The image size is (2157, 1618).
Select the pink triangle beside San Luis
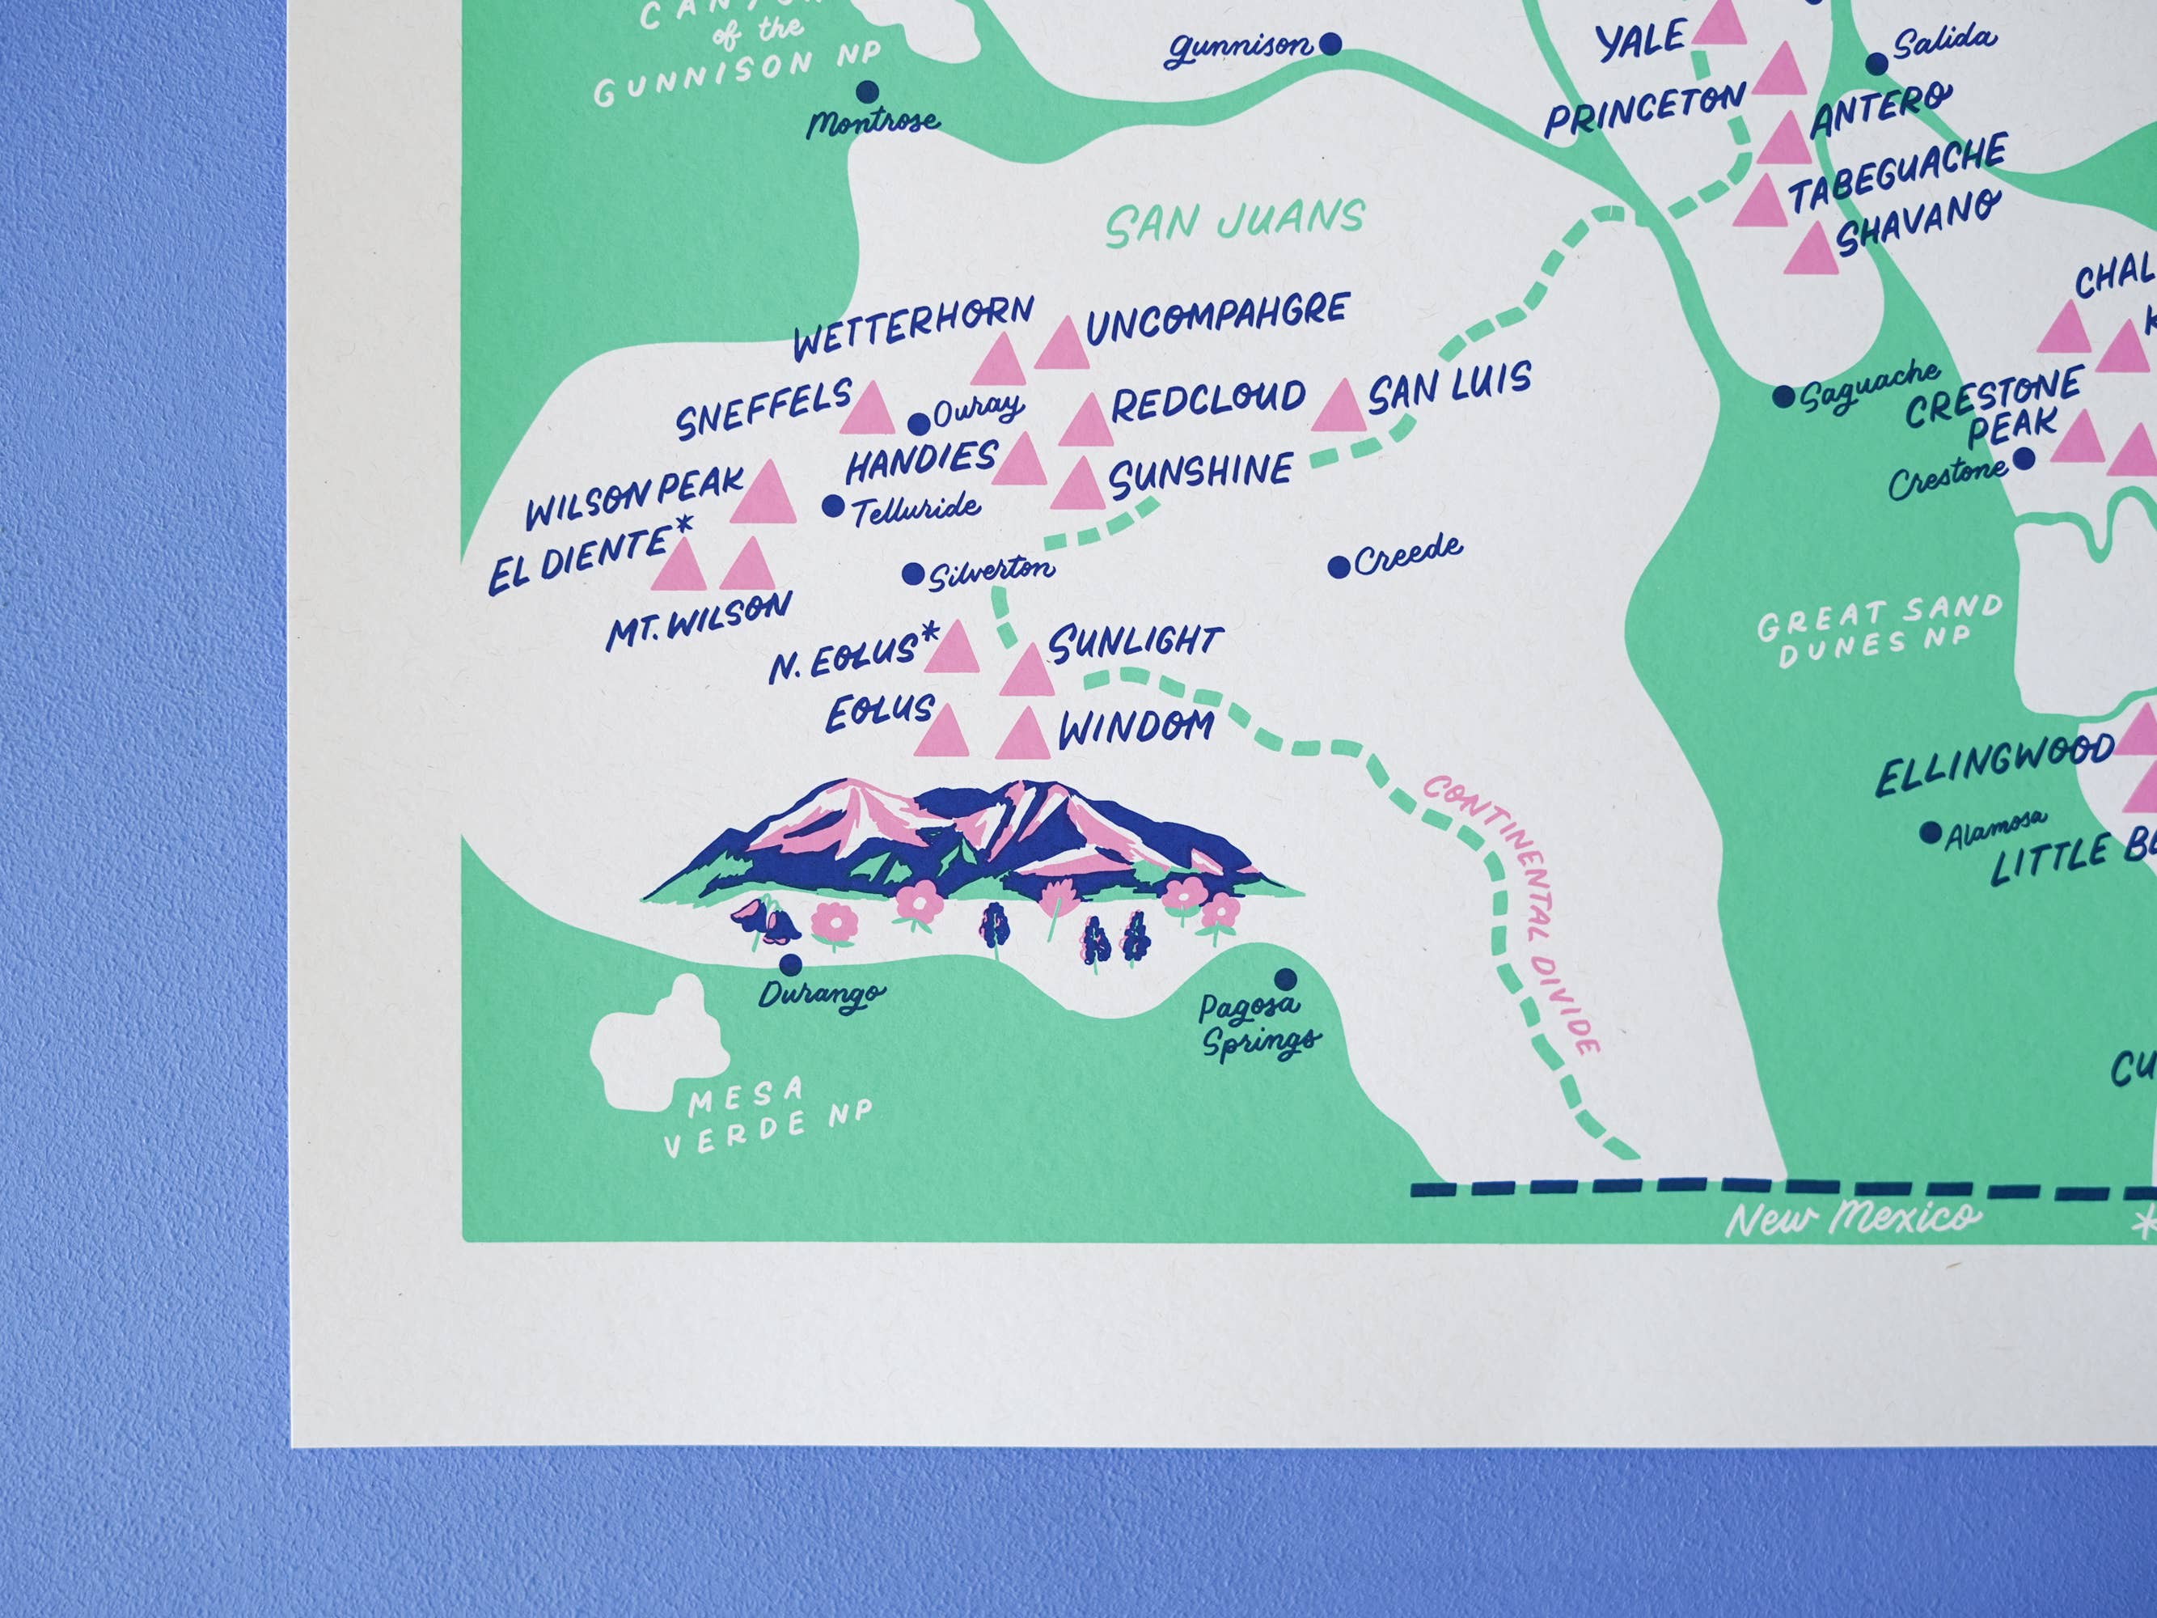point(1339,407)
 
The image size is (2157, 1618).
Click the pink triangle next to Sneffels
point(871,408)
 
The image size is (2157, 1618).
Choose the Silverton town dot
point(913,574)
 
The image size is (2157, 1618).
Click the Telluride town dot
point(833,506)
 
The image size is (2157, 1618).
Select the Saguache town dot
point(1783,397)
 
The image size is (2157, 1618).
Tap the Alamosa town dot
point(1929,832)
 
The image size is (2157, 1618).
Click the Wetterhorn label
point(913,328)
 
